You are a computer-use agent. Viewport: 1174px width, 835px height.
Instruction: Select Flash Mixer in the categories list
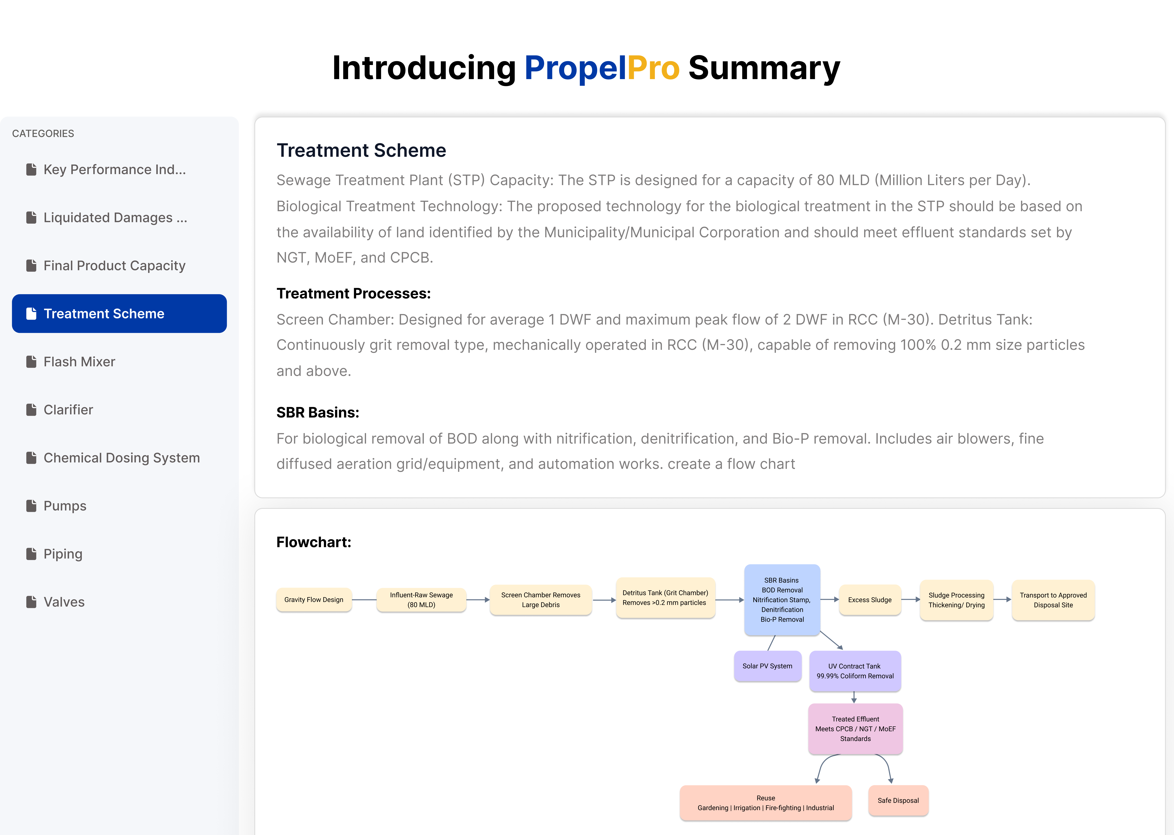tap(79, 361)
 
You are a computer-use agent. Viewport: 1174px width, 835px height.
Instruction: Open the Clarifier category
tap(68, 410)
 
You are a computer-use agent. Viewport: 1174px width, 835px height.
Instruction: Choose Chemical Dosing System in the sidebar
tap(121, 458)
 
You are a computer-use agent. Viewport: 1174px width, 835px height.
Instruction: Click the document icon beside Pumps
tap(31, 506)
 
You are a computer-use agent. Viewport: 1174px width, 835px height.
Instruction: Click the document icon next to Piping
tap(31, 554)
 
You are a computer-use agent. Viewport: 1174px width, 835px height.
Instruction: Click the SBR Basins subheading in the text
tap(318, 412)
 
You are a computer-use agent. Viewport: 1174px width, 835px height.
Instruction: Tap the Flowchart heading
tap(313, 542)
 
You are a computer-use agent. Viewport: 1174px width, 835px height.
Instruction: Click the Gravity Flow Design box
tap(313, 600)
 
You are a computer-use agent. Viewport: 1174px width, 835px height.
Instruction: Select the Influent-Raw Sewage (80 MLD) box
tap(421, 600)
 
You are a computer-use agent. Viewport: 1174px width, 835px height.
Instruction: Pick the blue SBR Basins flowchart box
tap(782, 600)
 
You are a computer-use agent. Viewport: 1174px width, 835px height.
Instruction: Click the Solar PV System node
tap(767, 666)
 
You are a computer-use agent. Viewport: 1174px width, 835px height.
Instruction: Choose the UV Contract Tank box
tap(855, 671)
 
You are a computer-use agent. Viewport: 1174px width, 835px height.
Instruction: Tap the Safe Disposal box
tap(898, 801)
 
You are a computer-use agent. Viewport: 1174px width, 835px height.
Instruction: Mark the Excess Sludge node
tap(870, 600)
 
